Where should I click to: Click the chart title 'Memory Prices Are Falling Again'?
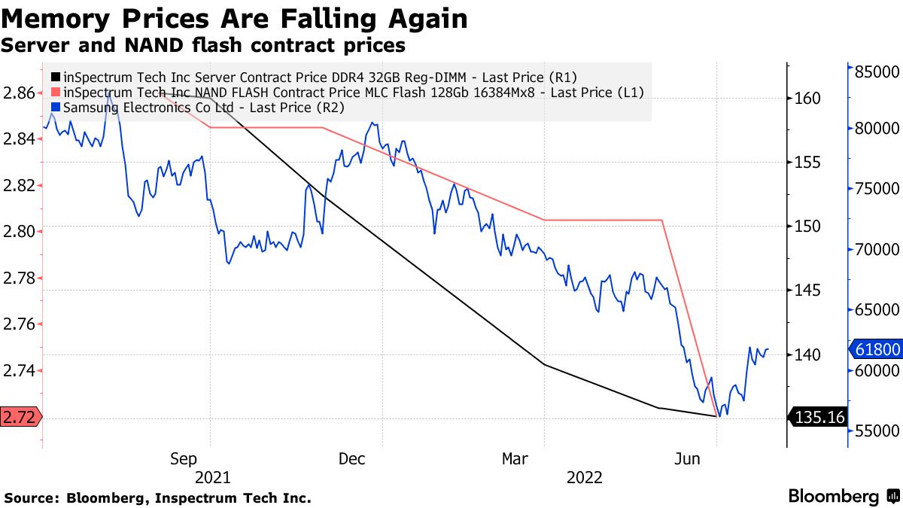233,18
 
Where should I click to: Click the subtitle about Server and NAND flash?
203,45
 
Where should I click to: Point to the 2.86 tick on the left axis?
19,93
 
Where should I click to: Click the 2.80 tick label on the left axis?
19,231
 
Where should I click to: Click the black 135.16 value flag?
818,417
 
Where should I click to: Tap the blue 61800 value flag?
874,349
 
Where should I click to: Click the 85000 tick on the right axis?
876,71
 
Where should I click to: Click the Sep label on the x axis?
184,458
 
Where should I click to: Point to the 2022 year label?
584,477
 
